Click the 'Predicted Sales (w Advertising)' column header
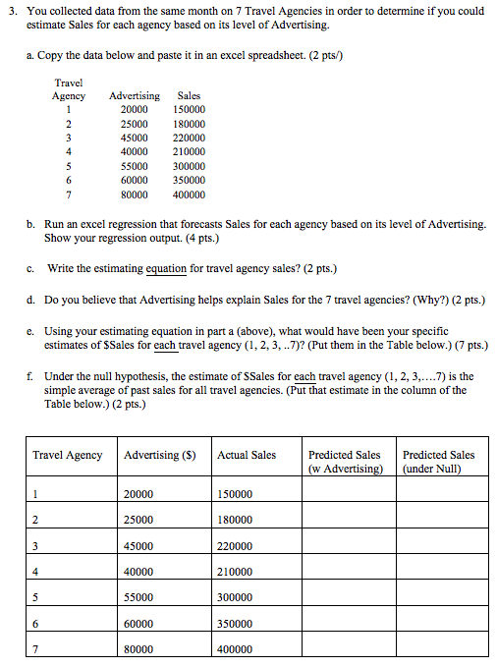pos(345,462)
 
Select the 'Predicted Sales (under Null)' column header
pos(438,462)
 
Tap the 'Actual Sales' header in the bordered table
pos(247,455)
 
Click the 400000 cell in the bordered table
pos(234,649)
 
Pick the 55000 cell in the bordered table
pos(138,597)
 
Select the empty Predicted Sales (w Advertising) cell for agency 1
pos(345,494)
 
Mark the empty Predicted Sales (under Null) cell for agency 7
pos(439,649)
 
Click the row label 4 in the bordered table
pos(35,572)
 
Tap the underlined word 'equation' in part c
pos(167,268)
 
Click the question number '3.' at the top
pos(13,11)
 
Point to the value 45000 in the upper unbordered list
pos(135,138)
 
